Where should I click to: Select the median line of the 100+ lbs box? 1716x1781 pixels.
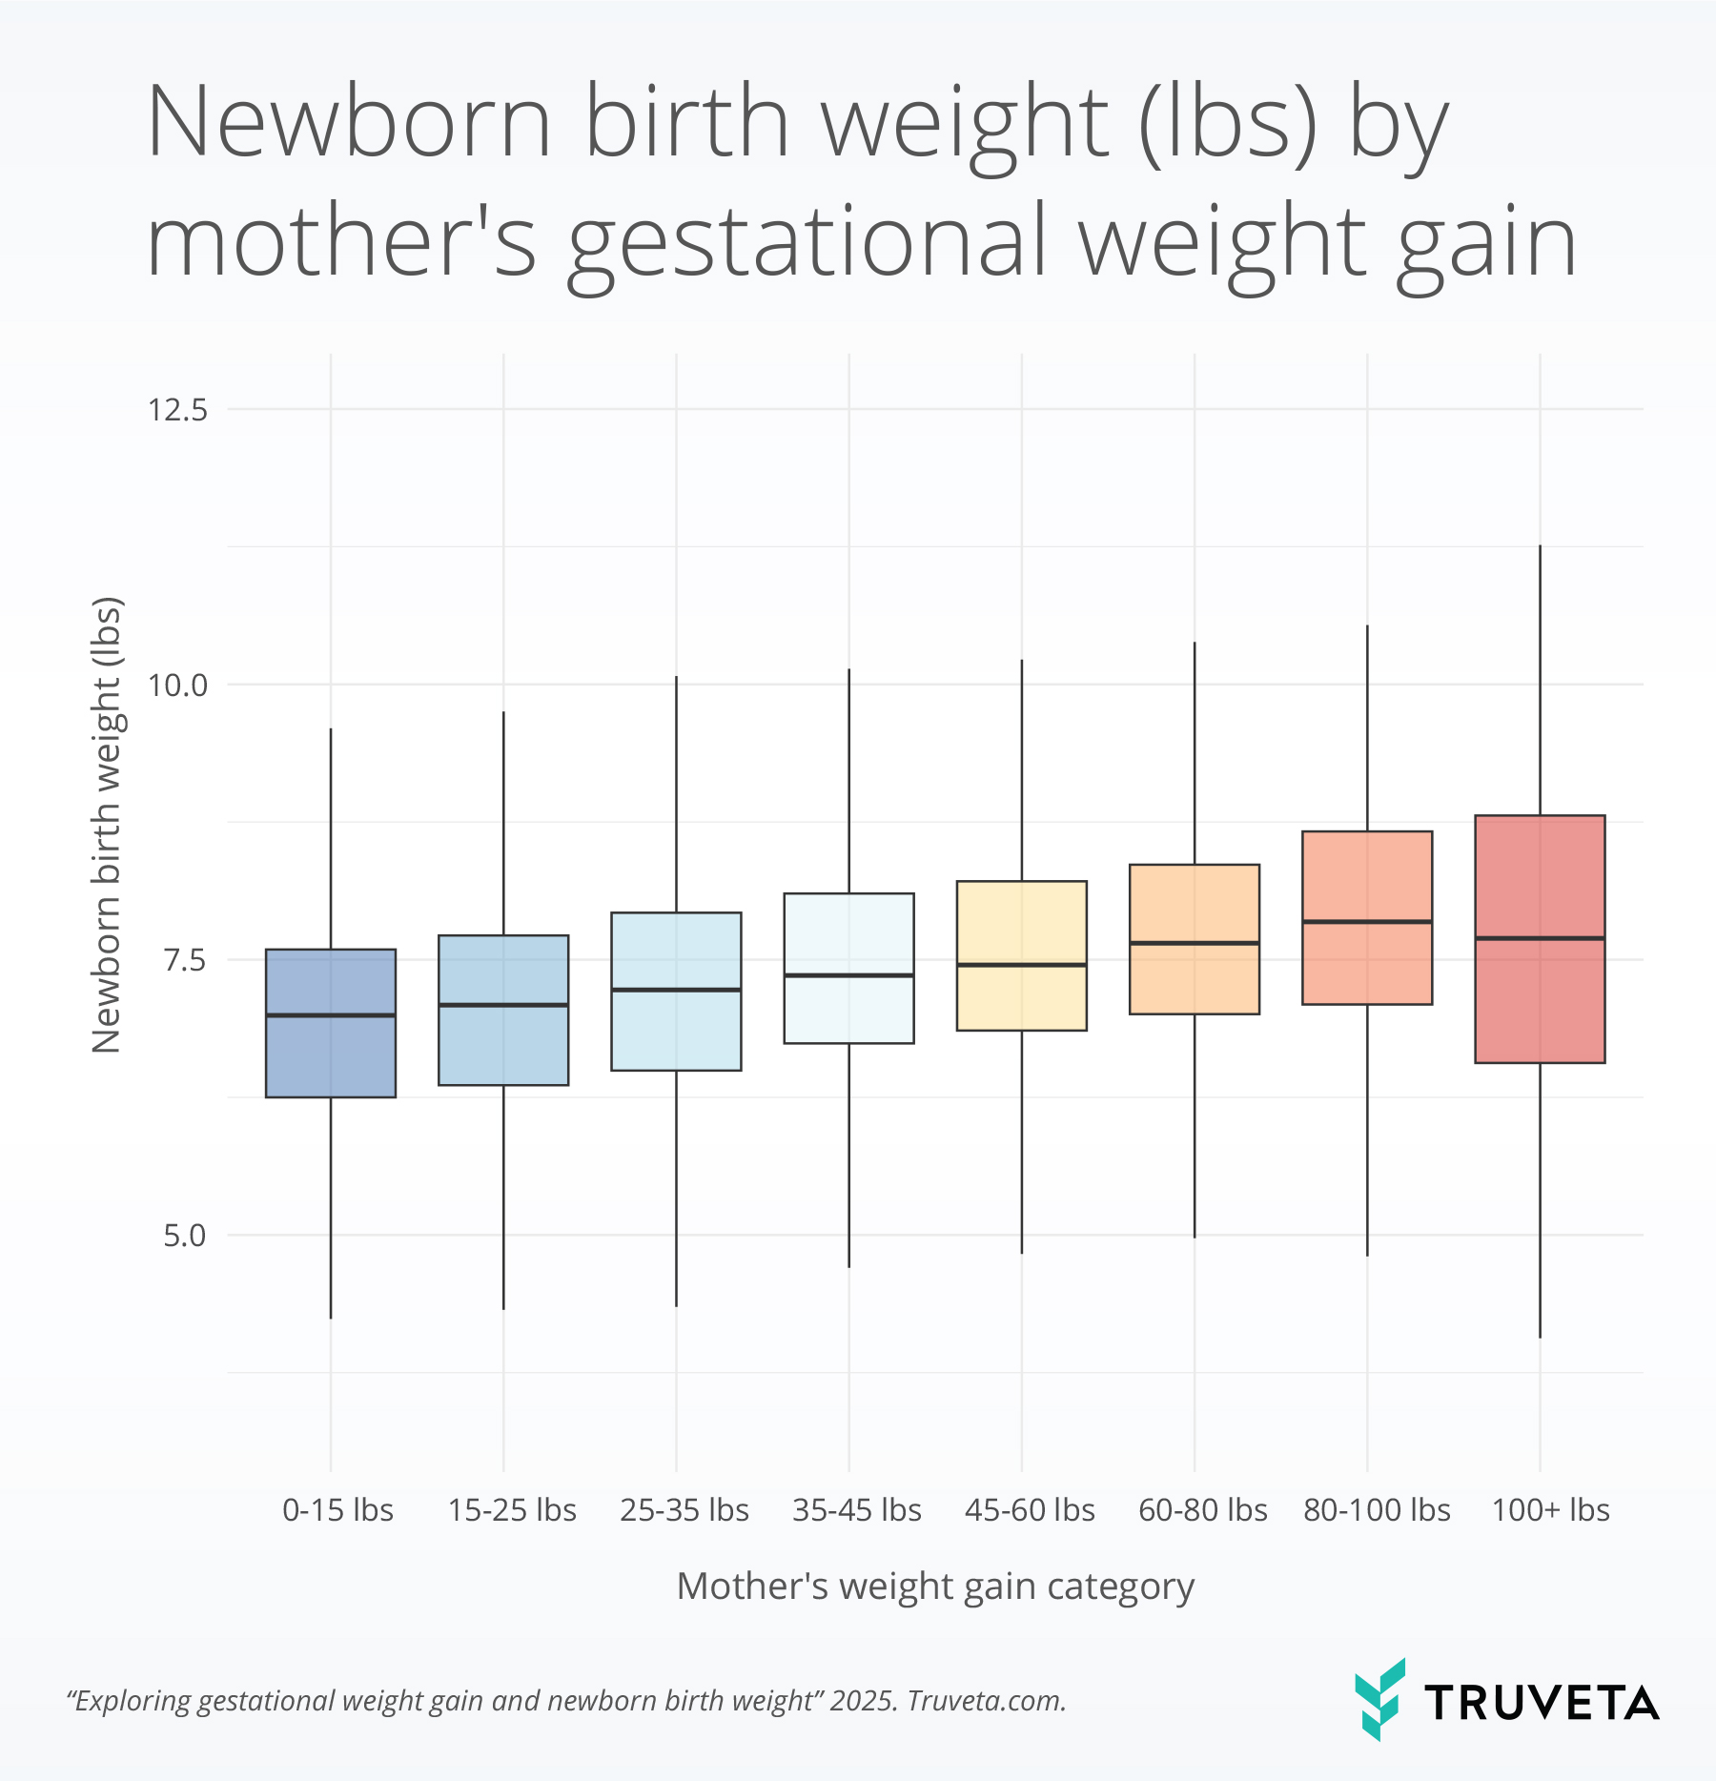(x=1540, y=938)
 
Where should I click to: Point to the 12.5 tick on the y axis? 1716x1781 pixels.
(x=177, y=410)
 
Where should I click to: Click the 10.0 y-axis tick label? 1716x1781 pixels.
(x=177, y=685)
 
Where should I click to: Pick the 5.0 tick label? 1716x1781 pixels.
(x=184, y=1236)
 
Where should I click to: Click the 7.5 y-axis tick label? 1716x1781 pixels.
(x=184, y=960)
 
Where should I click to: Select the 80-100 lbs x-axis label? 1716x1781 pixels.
(x=1376, y=1510)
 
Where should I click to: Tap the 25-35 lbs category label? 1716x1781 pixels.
(x=684, y=1510)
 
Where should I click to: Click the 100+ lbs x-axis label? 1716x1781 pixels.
(x=1550, y=1510)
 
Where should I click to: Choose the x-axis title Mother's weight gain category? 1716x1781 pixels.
(x=935, y=1587)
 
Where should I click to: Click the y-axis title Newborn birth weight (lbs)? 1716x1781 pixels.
(x=107, y=826)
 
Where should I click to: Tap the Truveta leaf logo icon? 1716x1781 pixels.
(x=1379, y=1700)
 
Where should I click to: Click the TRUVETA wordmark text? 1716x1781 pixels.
(x=1542, y=1703)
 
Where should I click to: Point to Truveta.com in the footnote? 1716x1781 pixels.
(x=986, y=1701)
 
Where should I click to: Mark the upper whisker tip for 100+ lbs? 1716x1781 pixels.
(x=1540, y=546)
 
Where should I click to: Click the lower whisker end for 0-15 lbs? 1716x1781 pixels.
(x=331, y=1318)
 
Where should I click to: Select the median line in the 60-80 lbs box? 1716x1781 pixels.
(x=1195, y=943)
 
